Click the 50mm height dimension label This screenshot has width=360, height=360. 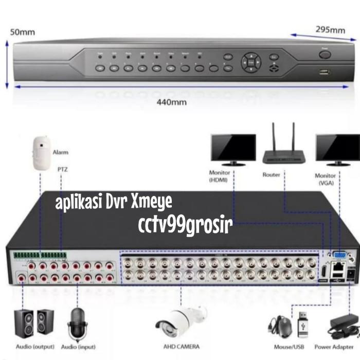pos(19,32)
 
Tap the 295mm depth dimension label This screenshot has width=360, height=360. pos(330,30)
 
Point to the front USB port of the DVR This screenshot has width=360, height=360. pos(324,71)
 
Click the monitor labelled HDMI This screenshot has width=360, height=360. pos(232,149)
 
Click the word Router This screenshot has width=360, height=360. pos(271,175)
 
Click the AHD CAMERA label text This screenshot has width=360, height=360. pos(181,347)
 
